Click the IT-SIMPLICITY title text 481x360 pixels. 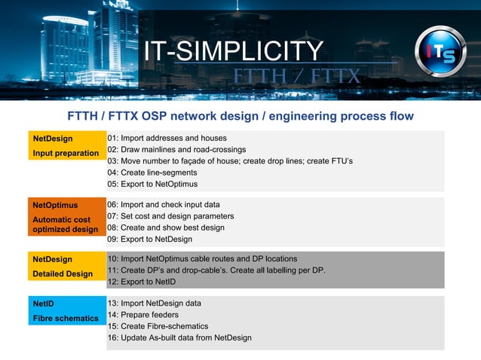(x=233, y=51)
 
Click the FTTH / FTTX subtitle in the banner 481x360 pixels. (x=296, y=77)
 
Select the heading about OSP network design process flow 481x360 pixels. (x=240, y=116)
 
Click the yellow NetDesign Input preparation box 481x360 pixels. (x=66, y=146)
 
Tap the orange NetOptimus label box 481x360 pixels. (x=66, y=217)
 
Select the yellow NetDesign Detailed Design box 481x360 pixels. (x=66, y=267)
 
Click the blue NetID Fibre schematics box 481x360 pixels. (x=66, y=311)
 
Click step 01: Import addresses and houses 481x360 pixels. (x=167, y=139)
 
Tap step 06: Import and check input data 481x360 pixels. (x=164, y=205)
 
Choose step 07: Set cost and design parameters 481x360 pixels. (x=170, y=216)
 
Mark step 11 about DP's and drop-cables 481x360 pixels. (x=216, y=270)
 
